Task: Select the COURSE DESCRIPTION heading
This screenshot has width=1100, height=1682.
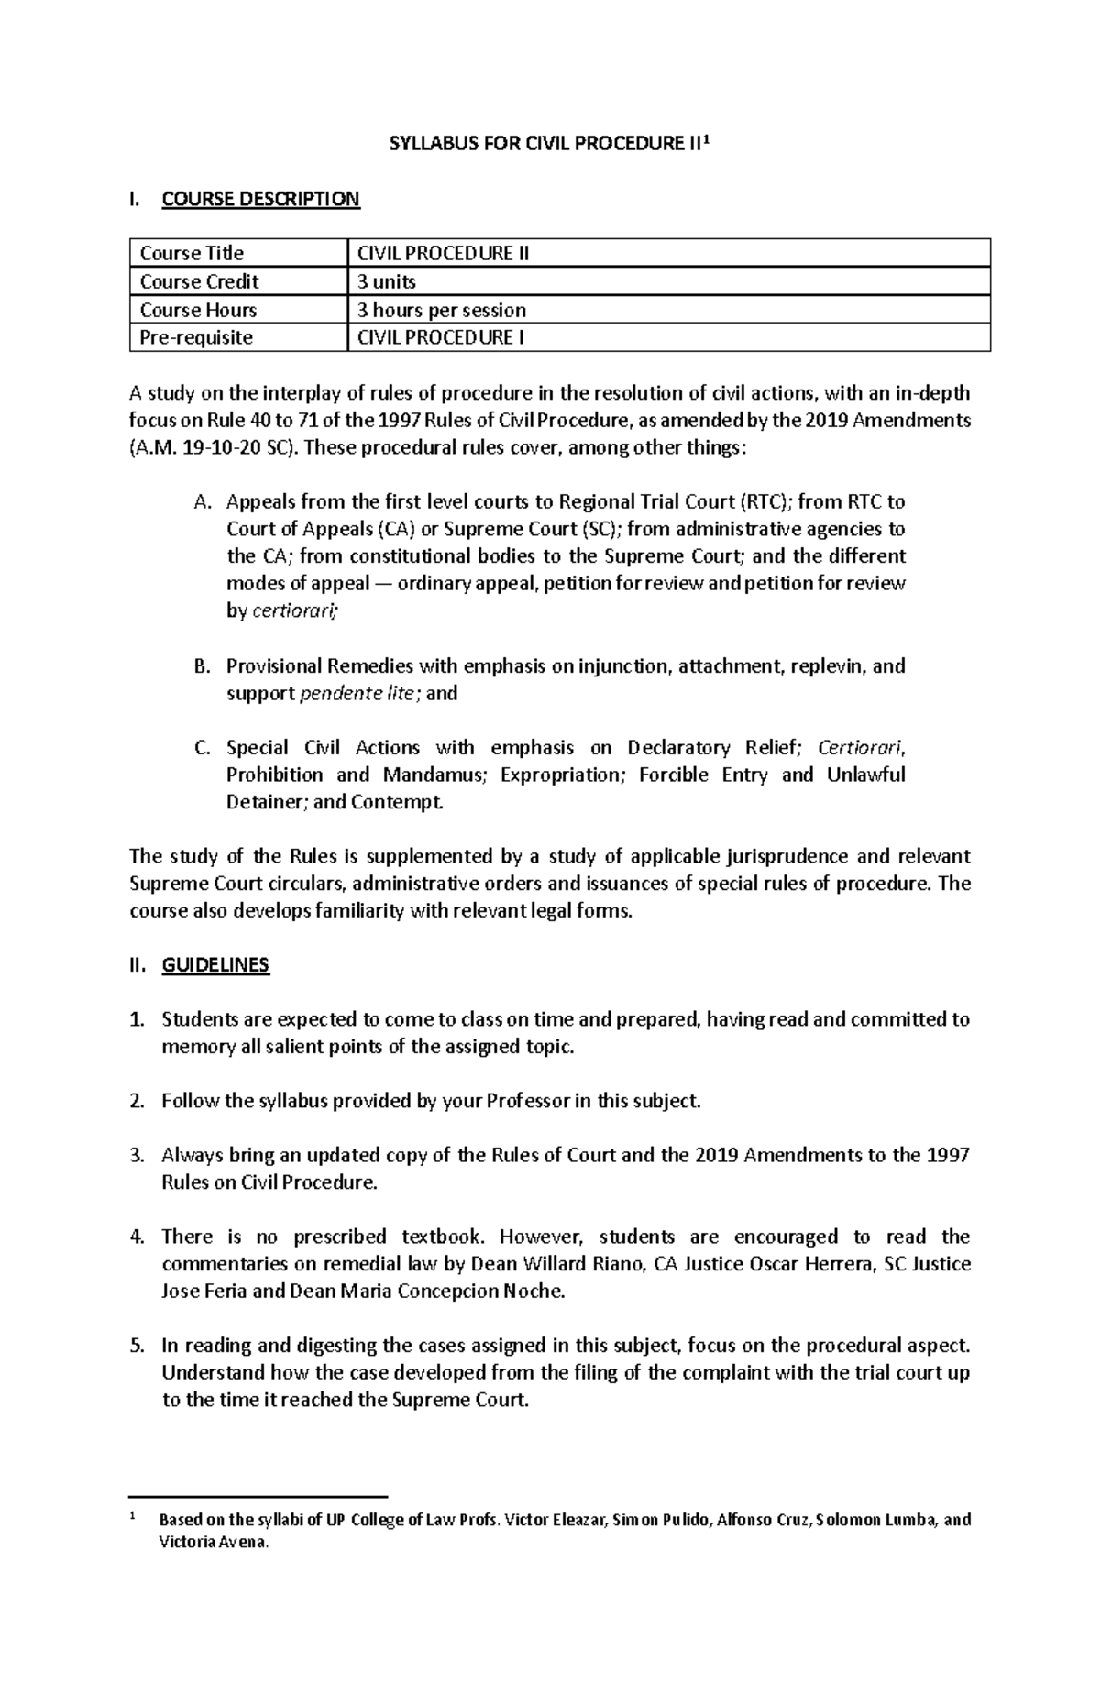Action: (x=260, y=199)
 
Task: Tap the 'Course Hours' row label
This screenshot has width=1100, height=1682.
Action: (x=198, y=310)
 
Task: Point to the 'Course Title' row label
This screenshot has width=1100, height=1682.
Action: (x=192, y=253)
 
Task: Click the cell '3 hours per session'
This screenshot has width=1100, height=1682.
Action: (x=441, y=310)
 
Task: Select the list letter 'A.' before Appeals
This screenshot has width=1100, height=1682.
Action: (x=203, y=502)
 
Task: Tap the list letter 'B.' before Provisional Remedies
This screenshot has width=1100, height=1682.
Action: (x=203, y=666)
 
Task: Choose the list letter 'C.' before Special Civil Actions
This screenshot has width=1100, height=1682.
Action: (x=203, y=748)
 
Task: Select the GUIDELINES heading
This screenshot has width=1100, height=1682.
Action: (x=215, y=965)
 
